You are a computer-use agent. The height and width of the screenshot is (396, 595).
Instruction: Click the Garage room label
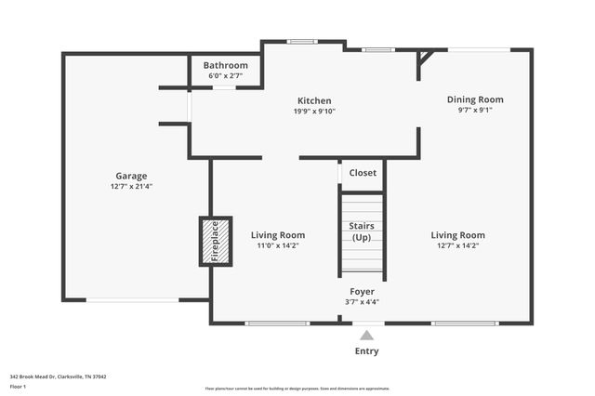(x=131, y=176)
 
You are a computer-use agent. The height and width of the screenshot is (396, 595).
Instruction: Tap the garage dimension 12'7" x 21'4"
(x=131, y=187)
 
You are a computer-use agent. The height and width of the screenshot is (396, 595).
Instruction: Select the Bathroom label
(x=226, y=65)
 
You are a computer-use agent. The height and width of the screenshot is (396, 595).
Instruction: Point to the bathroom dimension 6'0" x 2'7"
(x=226, y=75)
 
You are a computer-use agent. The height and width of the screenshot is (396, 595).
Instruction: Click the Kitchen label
(x=314, y=100)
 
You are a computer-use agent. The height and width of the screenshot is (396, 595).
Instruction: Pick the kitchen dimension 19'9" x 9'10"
(x=314, y=112)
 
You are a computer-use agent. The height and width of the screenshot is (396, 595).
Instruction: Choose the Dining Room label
(x=475, y=99)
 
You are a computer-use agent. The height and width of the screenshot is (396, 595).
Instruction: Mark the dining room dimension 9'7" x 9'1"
(x=475, y=110)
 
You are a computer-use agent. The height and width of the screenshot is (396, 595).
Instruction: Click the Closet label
(x=363, y=173)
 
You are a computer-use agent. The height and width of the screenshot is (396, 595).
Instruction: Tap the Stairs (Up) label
(x=362, y=231)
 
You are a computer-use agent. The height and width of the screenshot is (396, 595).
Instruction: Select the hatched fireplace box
(x=215, y=242)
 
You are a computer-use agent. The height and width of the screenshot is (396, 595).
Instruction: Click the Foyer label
(x=362, y=291)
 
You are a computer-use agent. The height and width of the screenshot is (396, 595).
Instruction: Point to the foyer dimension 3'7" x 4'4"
(x=362, y=301)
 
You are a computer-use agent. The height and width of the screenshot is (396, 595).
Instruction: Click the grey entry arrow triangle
(x=367, y=336)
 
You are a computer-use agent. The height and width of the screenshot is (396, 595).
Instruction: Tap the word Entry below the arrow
(x=367, y=351)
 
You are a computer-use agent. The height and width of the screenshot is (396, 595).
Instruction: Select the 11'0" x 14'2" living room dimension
(x=278, y=246)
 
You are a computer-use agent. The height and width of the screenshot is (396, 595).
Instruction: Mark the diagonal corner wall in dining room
(x=425, y=59)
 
